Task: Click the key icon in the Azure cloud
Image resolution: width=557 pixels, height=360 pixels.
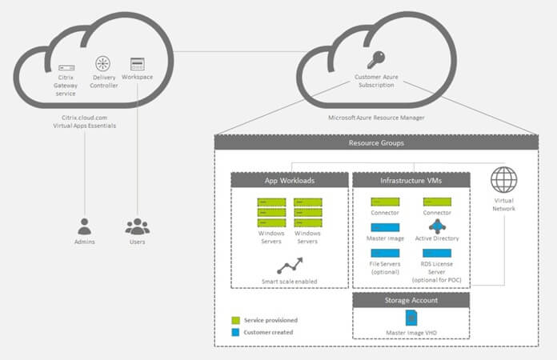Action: click(375, 58)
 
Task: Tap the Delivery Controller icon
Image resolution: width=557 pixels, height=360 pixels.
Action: click(104, 63)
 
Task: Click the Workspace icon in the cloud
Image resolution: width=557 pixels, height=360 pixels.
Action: click(138, 64)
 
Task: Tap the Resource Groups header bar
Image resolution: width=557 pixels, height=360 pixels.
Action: click(376, 142)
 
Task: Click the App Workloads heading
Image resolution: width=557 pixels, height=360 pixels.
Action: click(290, 180)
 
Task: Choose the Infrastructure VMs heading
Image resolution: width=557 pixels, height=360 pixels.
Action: click(411, 180)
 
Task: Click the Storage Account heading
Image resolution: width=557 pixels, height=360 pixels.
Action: click(411, 301)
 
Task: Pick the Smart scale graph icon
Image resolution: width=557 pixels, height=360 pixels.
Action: click(289, 265)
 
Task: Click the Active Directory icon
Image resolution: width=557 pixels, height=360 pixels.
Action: click(436, 226)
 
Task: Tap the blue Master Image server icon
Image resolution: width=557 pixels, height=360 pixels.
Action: click(385, 227)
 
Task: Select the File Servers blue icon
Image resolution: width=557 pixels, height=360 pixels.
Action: click(385, 253)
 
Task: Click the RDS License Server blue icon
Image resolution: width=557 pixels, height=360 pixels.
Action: click(436, 253)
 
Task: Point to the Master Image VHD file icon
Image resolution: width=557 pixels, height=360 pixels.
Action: click(411, 318)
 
